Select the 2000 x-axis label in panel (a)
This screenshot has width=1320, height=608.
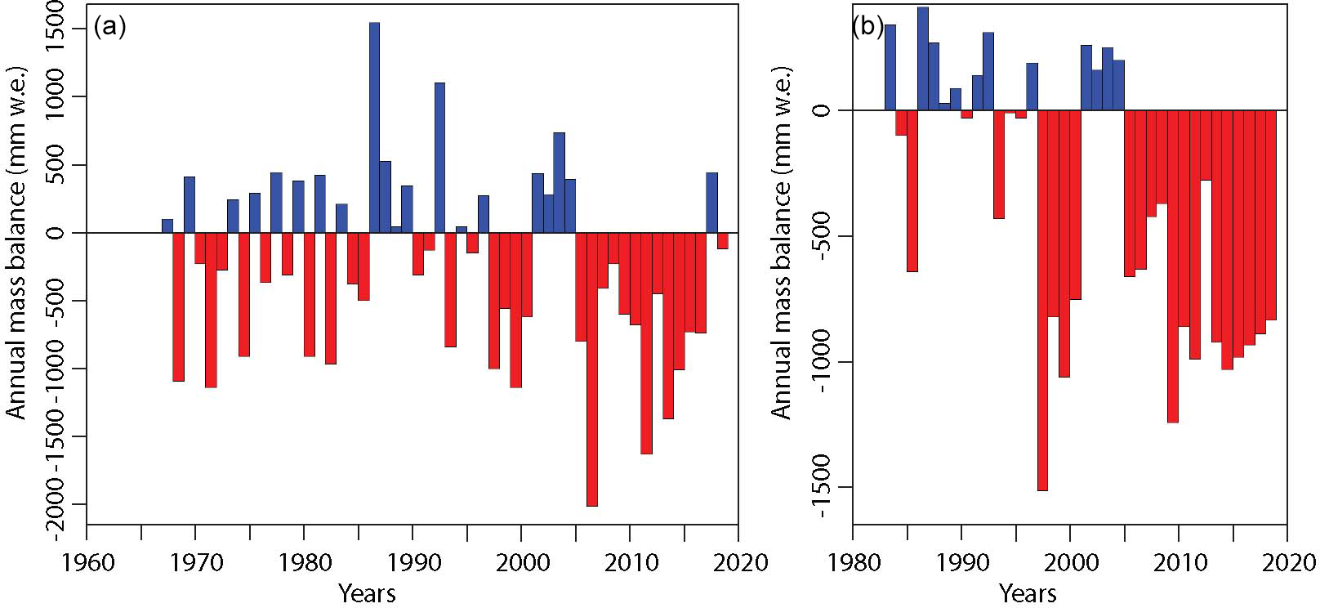tap(521, 563)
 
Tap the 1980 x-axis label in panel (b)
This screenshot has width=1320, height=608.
tap(853, 563)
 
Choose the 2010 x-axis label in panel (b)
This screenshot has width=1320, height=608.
tap(1179, 563)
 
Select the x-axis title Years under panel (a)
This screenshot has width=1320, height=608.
tap(368, 593)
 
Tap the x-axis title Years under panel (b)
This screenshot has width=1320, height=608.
tap(1028, 593)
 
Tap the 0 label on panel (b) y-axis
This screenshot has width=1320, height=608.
tap(820, 110)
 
